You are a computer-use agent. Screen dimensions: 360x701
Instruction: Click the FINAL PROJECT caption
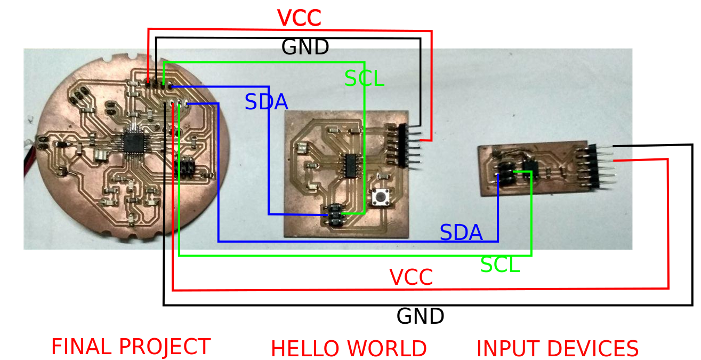coord(131,347)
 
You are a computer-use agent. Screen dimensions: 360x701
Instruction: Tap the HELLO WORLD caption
coord(349,349)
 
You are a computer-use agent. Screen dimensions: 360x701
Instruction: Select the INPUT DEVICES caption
coord(557,349)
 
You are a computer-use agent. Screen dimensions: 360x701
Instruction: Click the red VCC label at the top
coord(299,18)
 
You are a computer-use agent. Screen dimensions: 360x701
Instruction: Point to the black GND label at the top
coord(305,47)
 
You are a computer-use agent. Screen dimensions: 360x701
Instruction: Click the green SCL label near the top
coord(364,79)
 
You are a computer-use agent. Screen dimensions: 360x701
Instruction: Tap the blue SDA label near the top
coord(266,102)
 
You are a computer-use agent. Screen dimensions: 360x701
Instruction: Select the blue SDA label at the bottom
coord(461,233)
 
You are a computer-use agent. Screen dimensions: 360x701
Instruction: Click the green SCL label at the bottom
coord(500,265)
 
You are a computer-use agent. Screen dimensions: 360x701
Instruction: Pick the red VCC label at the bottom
coord(410,277)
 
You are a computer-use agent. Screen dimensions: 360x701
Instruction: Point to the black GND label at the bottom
coord(420,316)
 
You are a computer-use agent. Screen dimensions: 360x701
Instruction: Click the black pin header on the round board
coord(184,167)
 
